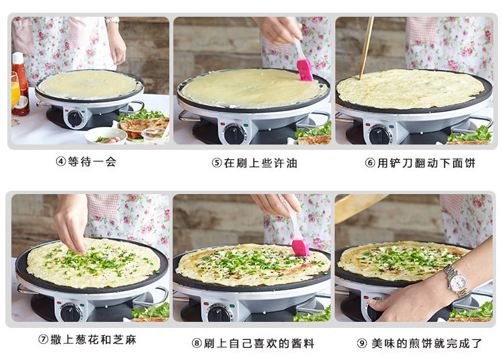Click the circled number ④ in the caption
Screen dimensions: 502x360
[x=60, y=161]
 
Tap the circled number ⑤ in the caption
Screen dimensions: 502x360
[x=217, y=163]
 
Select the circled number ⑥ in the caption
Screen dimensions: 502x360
[x=370, y=163]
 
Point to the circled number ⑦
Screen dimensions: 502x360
[x=44, y=339]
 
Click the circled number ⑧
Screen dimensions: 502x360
[x=197, y=343]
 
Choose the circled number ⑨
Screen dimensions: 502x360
[x=361, y=343]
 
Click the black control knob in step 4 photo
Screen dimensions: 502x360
[x=75, y=118]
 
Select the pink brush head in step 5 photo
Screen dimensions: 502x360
[x=305, y=70]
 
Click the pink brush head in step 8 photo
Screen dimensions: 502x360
[x=301, y=247]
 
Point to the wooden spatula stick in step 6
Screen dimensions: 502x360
[x=366, y=48]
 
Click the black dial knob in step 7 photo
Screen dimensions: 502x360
[x=70, y=312]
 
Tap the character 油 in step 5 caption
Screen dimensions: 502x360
[x=292, y=163]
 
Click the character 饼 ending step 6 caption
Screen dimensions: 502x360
[x=470, y=163]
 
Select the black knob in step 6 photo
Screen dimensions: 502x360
[x=380, y=135]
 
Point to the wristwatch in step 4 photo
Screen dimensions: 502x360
[x=112, y=21]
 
